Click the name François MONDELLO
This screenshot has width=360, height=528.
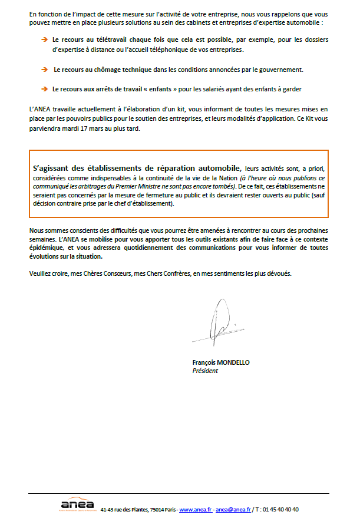tap(220, 362)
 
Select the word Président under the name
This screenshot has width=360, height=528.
tap(205, 371)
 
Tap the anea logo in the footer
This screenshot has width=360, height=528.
tap(77, 505)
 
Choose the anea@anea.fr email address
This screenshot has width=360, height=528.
tap(233, 510)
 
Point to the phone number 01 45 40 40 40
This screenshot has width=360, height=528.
tap(279, 510)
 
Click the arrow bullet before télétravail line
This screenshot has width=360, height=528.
tap(44, 39)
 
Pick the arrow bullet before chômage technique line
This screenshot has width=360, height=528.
tap(44, 70)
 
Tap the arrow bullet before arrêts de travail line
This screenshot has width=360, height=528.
tap(44, 90)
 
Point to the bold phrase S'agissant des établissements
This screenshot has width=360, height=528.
tap(91, 169)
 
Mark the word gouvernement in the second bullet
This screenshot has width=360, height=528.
tap(280, 70)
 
